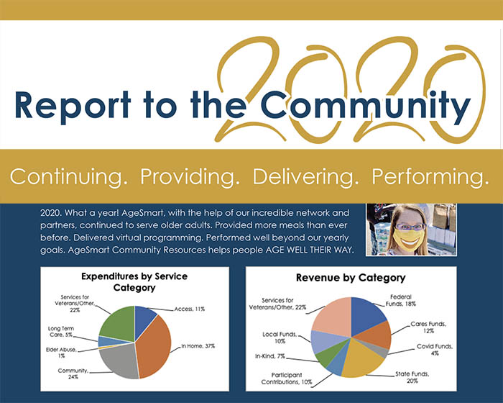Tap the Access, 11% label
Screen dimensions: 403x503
pyautogui.click(x=189, y=309)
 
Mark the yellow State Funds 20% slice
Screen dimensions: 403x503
pyautogui.click(x=359, y=363)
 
